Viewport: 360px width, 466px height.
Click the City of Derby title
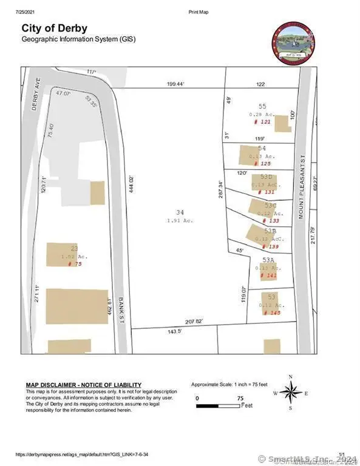(55, 28)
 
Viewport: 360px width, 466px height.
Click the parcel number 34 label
(180, 212)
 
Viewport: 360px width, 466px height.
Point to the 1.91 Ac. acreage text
(180, 220)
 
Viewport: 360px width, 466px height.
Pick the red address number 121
(262, 122)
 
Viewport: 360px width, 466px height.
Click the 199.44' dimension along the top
(175, 85)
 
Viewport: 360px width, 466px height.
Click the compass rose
(290, 394)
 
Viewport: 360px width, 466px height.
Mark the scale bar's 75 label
(241, 398)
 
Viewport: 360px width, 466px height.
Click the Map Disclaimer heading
(83, 385)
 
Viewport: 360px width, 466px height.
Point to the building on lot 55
(282, 123)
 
